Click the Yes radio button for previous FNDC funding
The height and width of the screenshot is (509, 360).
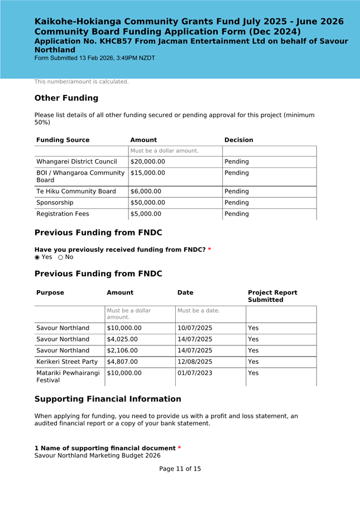tap(37, 257)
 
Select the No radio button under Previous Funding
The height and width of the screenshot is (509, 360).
tap(61, 257)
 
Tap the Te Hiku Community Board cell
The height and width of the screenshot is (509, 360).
tap(76, 191)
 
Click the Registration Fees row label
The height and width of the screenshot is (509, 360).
tap(63, 214)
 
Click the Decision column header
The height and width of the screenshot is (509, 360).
tap(238, 140)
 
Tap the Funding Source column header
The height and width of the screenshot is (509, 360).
tap(63, 140)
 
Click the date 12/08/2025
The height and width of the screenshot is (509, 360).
tap(195, 362)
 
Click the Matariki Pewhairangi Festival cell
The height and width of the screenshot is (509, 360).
tap(68, 377)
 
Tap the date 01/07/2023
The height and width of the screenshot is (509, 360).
tap(195, 373)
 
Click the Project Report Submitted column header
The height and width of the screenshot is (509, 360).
tap(272, 296)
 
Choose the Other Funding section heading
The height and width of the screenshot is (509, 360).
tap(66, 98)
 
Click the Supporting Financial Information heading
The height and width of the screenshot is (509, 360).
tap(108, 399)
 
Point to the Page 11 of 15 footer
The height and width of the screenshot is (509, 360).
tap(180, 469)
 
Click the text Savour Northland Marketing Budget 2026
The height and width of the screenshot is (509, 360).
tap(97, 455)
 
